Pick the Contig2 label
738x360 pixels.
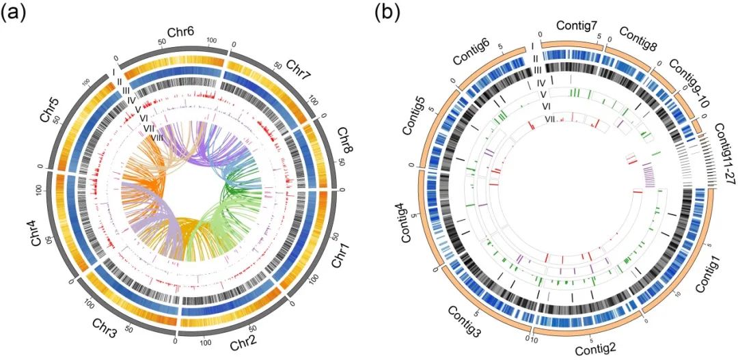click(596, 350)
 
